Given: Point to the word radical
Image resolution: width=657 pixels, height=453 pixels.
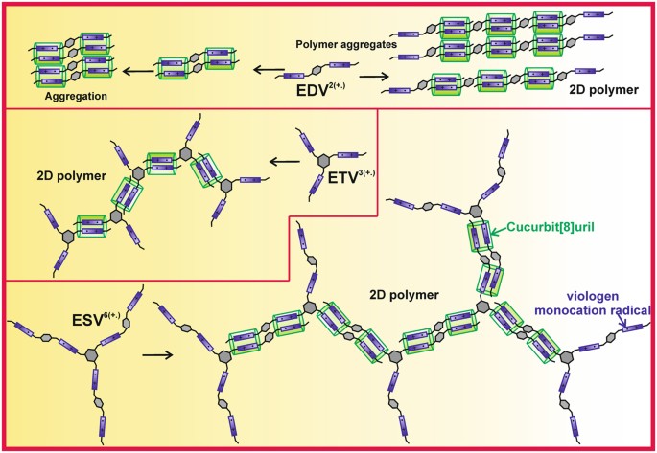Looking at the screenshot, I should coord(628,310).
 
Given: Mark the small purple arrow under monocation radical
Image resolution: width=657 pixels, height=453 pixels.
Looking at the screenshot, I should coord(627,324).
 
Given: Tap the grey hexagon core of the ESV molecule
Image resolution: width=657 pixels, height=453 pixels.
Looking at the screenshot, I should coord(92,354).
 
